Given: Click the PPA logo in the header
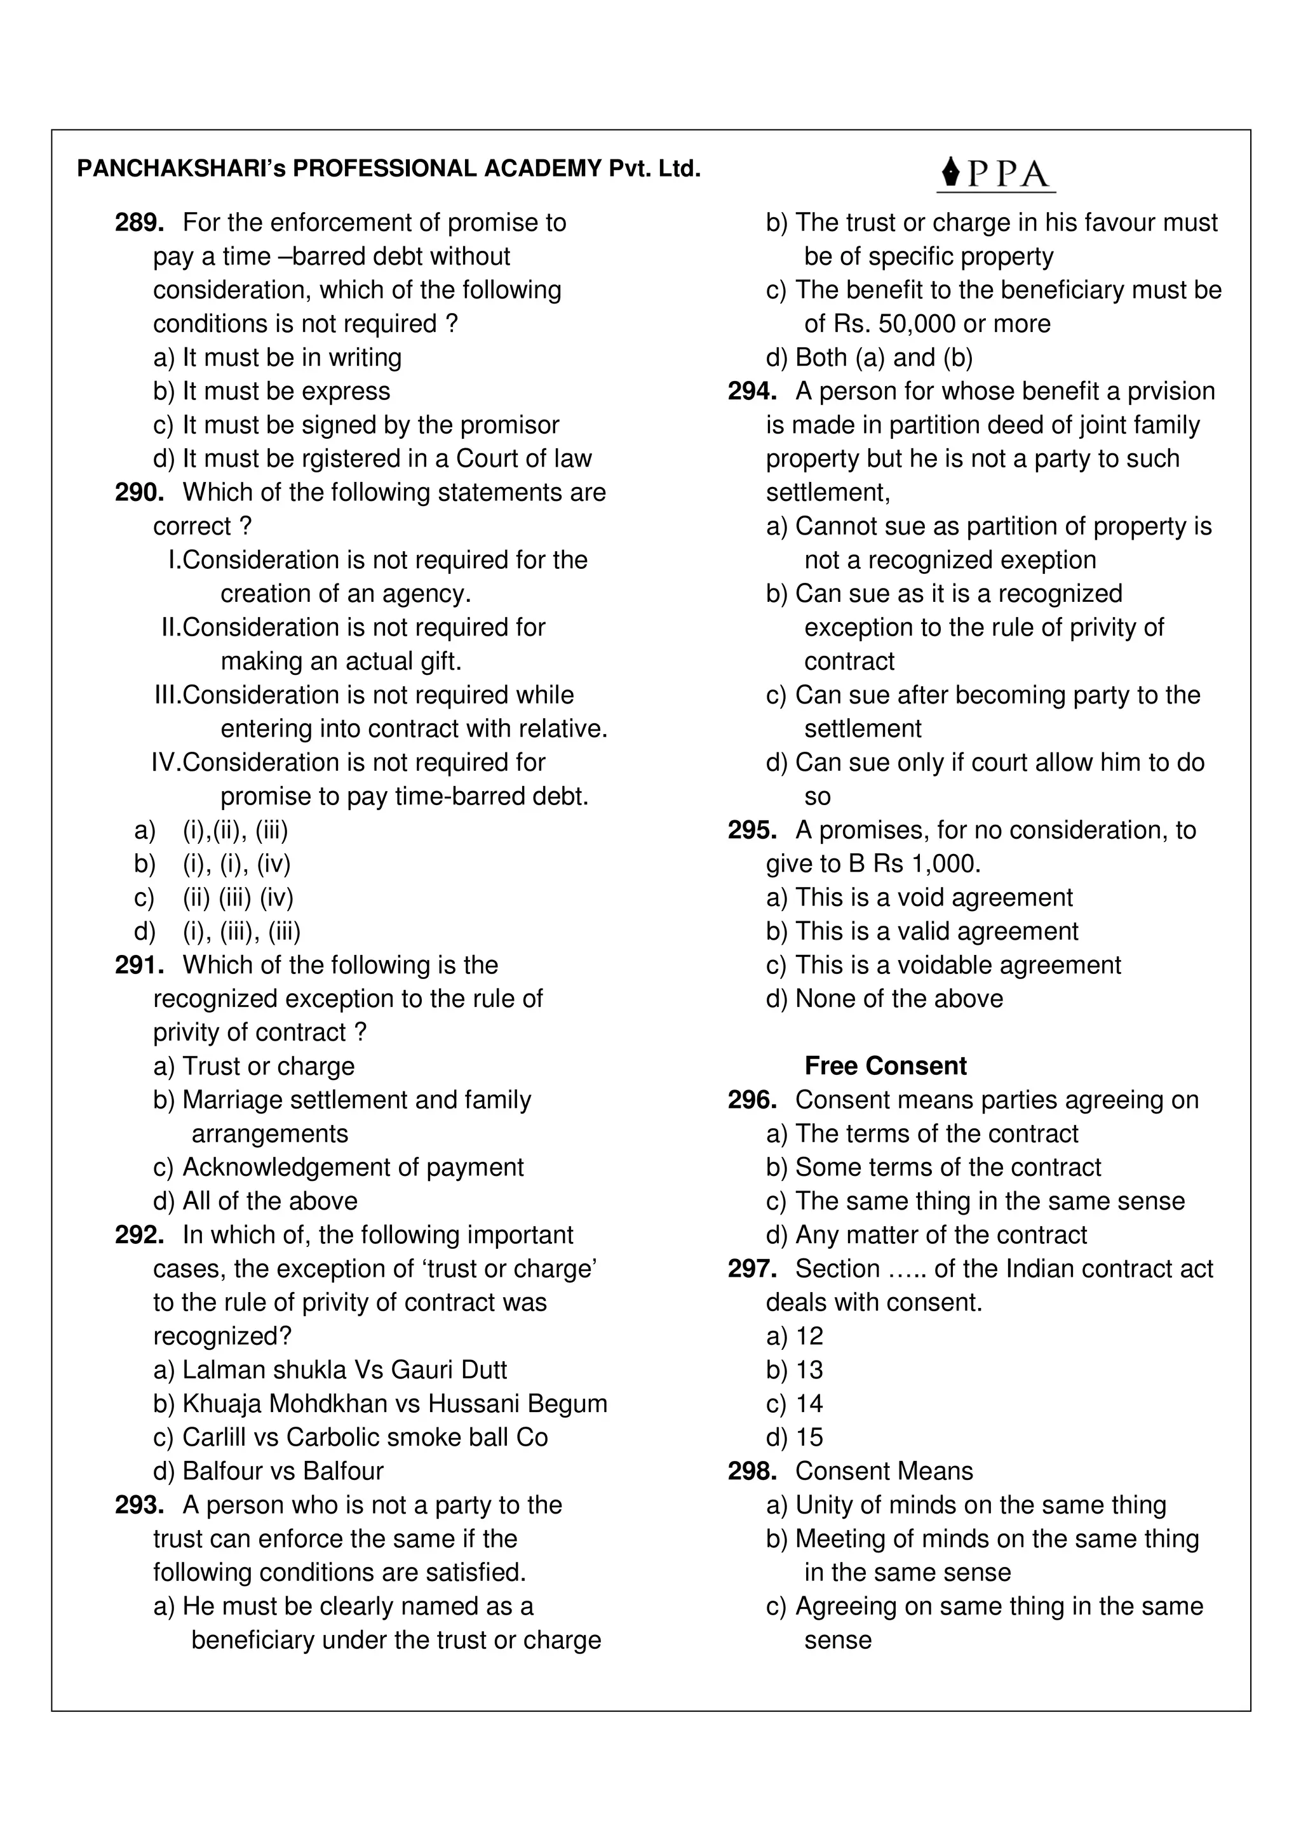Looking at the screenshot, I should point(995,175).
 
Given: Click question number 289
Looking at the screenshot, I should point(140,222).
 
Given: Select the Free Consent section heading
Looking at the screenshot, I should point(885,1066).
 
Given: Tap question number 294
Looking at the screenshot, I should point(752,391).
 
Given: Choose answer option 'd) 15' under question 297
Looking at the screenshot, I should point(795,1437).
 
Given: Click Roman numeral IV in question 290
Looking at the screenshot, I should point(166,762).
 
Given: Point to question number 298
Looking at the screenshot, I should point(752,1470).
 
